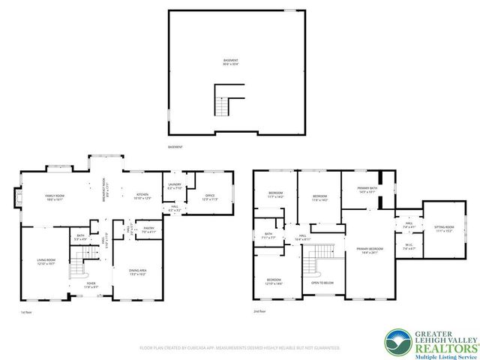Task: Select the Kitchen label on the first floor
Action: [x=142, y=196]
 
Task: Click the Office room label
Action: [x=209, y=198]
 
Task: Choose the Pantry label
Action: [x=148, y=229]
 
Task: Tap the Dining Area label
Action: [x=137, y=271]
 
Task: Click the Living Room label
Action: [x=46, y=262]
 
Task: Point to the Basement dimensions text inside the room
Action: [x=229, y=61]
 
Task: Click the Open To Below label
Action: [x=322, y=283]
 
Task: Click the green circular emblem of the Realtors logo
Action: [x=396, y=342]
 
